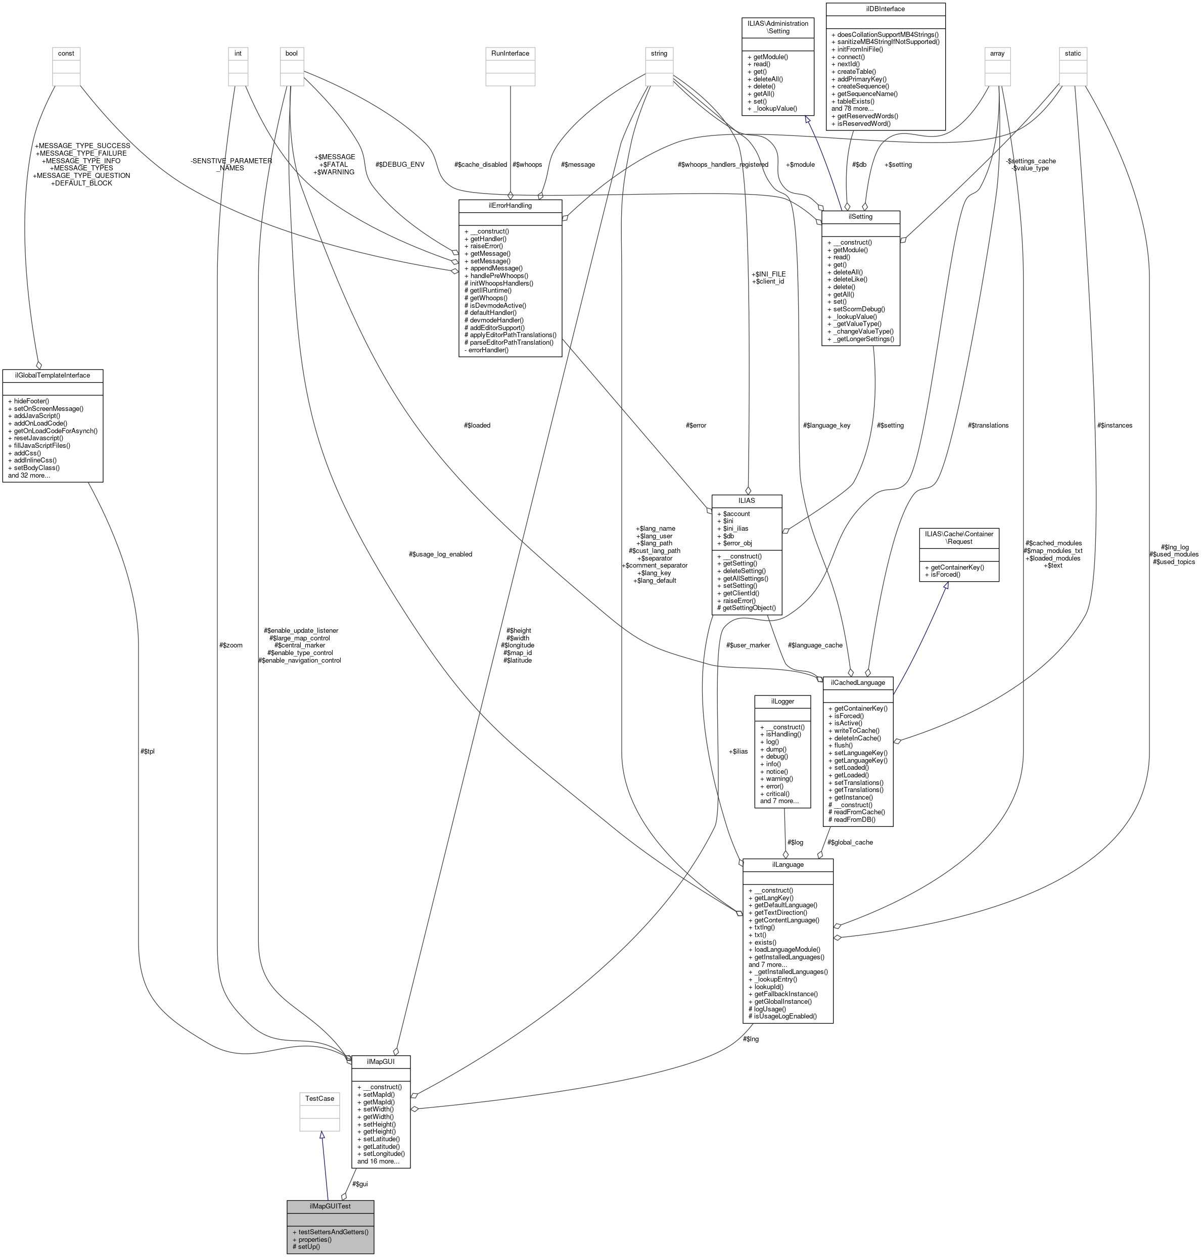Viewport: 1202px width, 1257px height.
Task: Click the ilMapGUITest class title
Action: tap(330, 1206)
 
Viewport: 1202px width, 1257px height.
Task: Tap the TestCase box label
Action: tap(319, 1098)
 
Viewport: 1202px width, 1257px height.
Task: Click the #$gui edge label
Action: tap(360, 1183)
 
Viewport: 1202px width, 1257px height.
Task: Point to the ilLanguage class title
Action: tap(788, 864)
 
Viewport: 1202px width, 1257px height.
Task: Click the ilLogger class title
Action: tap(783, 701)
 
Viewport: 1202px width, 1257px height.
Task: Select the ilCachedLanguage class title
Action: tap(857, 682)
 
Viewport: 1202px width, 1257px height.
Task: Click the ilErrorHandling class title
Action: tap(510, 205)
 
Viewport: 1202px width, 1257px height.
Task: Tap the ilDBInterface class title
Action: tap(885, 9)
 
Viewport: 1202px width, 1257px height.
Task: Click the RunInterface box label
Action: tap(510, 53)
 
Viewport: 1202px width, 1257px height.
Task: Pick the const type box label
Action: tap(66, 53)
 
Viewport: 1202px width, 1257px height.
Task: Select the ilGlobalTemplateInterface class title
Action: tap(53, 375)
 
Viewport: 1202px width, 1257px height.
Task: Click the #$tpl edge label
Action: tap(148, 751)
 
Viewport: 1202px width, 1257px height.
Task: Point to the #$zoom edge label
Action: tap(230, 645)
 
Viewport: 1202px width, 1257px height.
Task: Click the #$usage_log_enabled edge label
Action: tap(440, 554)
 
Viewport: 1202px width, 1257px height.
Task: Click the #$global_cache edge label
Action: tap(850, 842)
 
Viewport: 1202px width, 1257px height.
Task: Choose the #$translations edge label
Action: tap(988, 425)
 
